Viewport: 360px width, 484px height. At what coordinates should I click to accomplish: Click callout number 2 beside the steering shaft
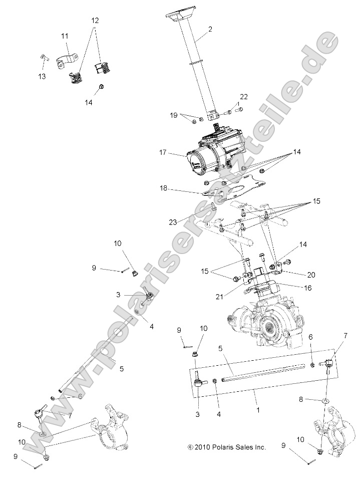209,29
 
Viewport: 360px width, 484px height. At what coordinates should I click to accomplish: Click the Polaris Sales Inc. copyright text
226,447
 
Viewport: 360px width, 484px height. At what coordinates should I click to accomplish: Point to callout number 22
243,97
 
